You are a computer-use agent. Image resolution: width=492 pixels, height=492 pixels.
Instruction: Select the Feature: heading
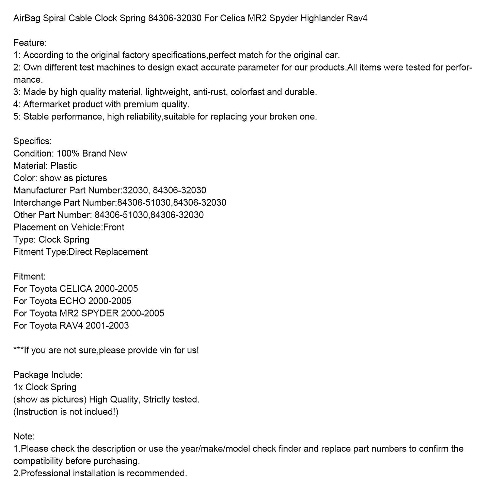[30, 43]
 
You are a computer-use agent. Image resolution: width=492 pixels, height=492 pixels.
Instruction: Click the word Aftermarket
[47, 104]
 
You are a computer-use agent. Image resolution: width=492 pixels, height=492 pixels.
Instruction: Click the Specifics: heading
[32, 141]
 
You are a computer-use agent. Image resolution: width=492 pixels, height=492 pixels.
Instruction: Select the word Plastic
[64, 166]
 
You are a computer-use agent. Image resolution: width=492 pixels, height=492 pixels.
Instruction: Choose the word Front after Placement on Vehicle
[114, 227]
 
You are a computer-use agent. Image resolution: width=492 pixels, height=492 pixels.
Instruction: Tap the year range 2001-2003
[107, 326]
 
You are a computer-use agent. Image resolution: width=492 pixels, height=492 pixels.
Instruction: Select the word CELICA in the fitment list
[76, 289]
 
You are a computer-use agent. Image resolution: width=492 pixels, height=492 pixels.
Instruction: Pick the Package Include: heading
[48, 375]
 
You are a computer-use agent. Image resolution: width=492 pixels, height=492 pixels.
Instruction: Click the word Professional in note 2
[46, 473]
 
